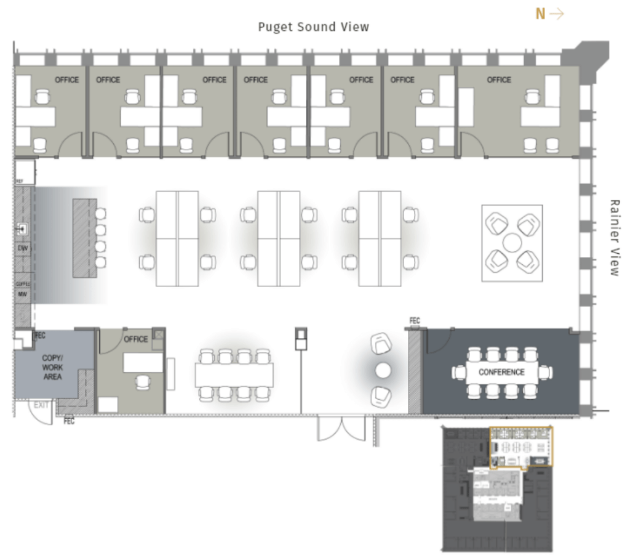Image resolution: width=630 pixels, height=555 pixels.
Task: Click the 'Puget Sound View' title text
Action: coord(313,27)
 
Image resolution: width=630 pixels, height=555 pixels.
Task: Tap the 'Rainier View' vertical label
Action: coord(613,237)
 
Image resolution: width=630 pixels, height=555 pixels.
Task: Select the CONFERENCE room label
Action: coord(501,372)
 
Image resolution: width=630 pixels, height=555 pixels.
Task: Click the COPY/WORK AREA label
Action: coord(52,367)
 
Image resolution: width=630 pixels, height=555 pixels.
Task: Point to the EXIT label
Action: coord(41,405)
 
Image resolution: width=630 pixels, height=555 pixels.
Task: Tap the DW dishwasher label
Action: coord(22,248)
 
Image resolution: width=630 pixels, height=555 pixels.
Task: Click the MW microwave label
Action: coord(22,294)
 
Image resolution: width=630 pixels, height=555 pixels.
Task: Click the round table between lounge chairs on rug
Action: coord(512,243)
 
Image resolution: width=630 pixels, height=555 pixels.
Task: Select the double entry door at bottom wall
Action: coord(341,427)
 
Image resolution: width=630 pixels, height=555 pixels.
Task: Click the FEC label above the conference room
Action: coord(415,320)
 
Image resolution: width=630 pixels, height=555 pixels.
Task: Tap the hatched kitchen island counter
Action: coord(84,237)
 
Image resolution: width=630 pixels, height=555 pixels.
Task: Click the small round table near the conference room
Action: coord(383,370)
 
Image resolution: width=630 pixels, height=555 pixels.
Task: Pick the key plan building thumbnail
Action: coord(497,490)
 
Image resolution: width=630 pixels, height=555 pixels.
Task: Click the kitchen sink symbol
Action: coord(22,229)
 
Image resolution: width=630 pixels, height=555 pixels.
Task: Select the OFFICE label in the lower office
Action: coord(136,339)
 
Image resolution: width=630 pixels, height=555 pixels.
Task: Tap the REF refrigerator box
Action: coord(24,172)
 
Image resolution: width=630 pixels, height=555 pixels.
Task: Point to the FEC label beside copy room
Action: coord(41,336)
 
